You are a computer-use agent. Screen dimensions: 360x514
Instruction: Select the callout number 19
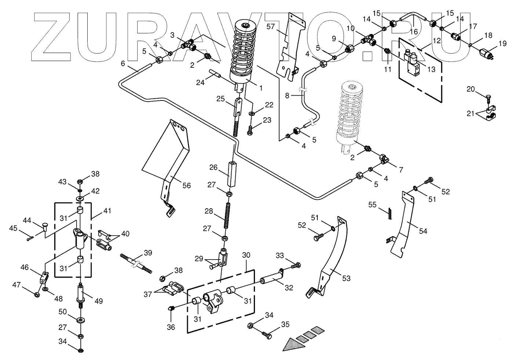coord(502,44)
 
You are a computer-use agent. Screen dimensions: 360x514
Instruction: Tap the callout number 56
coord(187,185)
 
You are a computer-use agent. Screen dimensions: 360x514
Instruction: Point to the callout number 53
coord(346,279)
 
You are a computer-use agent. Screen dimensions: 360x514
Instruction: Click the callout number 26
coord(213,168)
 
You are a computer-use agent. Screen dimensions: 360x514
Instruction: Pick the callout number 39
coord(147,253)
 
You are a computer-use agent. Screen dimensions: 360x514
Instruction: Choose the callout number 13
coord(432,69)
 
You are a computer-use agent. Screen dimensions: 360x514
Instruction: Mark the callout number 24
coord(200,82)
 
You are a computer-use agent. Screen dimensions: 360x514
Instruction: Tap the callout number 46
coord(25,267)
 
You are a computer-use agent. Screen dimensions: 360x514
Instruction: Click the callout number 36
coord(171,327)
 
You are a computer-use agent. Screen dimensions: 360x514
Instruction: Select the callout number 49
coord(98,301)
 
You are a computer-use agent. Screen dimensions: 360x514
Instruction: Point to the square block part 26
coord(232,174)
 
